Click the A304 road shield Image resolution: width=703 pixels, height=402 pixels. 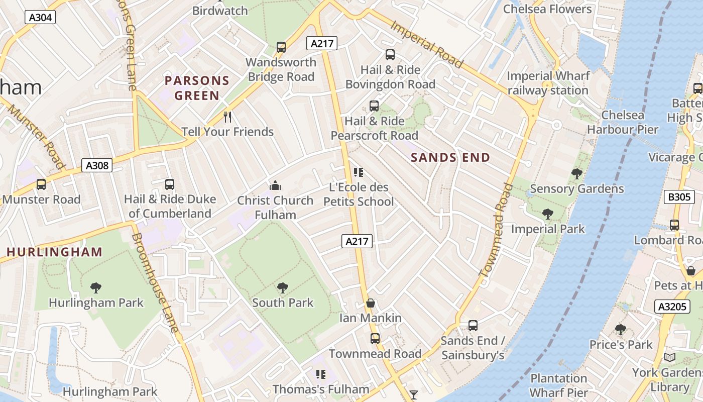[40, 18]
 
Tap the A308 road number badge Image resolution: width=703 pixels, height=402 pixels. [97, 165]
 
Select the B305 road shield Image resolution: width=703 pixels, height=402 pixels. [679, 197]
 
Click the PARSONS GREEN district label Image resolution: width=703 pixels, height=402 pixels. [197, 88]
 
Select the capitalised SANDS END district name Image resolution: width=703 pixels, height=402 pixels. [450, 158]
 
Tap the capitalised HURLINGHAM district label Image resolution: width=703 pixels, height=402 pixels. [54, 252]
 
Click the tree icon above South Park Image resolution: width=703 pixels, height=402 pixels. [283, 288]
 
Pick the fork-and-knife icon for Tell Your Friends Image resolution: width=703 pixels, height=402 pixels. [227, 117]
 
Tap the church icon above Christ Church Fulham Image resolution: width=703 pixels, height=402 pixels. [275, 185]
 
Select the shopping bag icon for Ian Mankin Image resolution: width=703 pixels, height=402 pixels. [371, 303]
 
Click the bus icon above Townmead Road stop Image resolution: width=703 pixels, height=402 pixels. [375, 339]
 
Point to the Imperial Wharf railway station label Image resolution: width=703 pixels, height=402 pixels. [548, 83]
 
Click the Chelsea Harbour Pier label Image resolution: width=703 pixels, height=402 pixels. [623, 122]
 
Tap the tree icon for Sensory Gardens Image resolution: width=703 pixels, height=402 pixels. [577, 174]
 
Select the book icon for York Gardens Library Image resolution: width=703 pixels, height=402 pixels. [669, 358]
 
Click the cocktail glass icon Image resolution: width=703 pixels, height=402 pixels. [413, 394]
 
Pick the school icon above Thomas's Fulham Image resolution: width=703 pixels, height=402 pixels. [320, 374]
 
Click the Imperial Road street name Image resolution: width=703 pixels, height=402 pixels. [426, 44]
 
